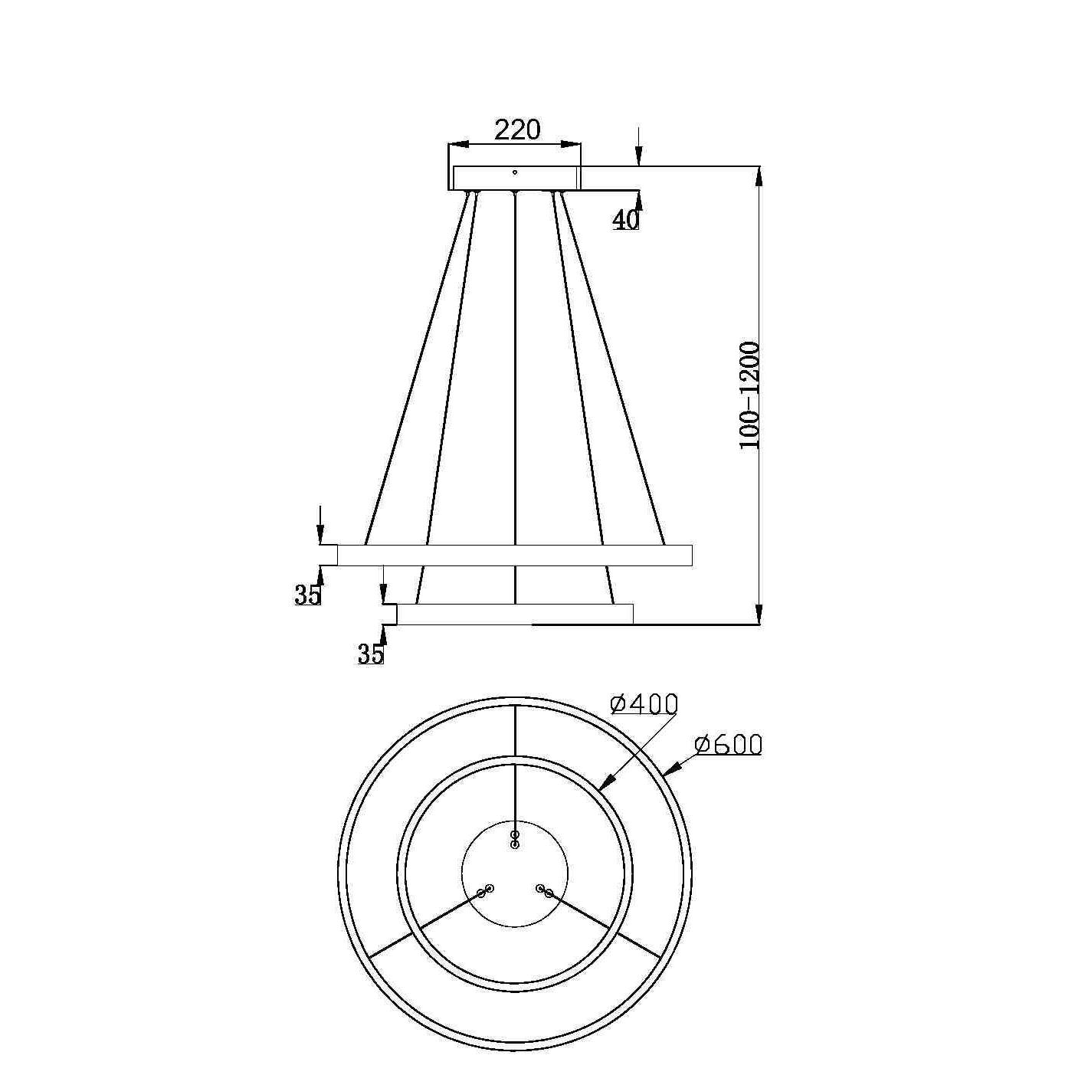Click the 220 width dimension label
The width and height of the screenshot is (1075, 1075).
tap(518, 130)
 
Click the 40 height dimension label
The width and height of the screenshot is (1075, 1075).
tap(625, 221)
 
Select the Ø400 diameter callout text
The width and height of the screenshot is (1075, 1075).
tap(644, 704)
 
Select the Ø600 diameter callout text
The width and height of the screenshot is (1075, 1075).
tap(727, 746)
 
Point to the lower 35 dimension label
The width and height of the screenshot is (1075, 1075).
tap(371, 654)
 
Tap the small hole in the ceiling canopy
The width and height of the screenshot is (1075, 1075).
tap(515, 172)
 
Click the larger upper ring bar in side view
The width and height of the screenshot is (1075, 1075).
tap(515, 555)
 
